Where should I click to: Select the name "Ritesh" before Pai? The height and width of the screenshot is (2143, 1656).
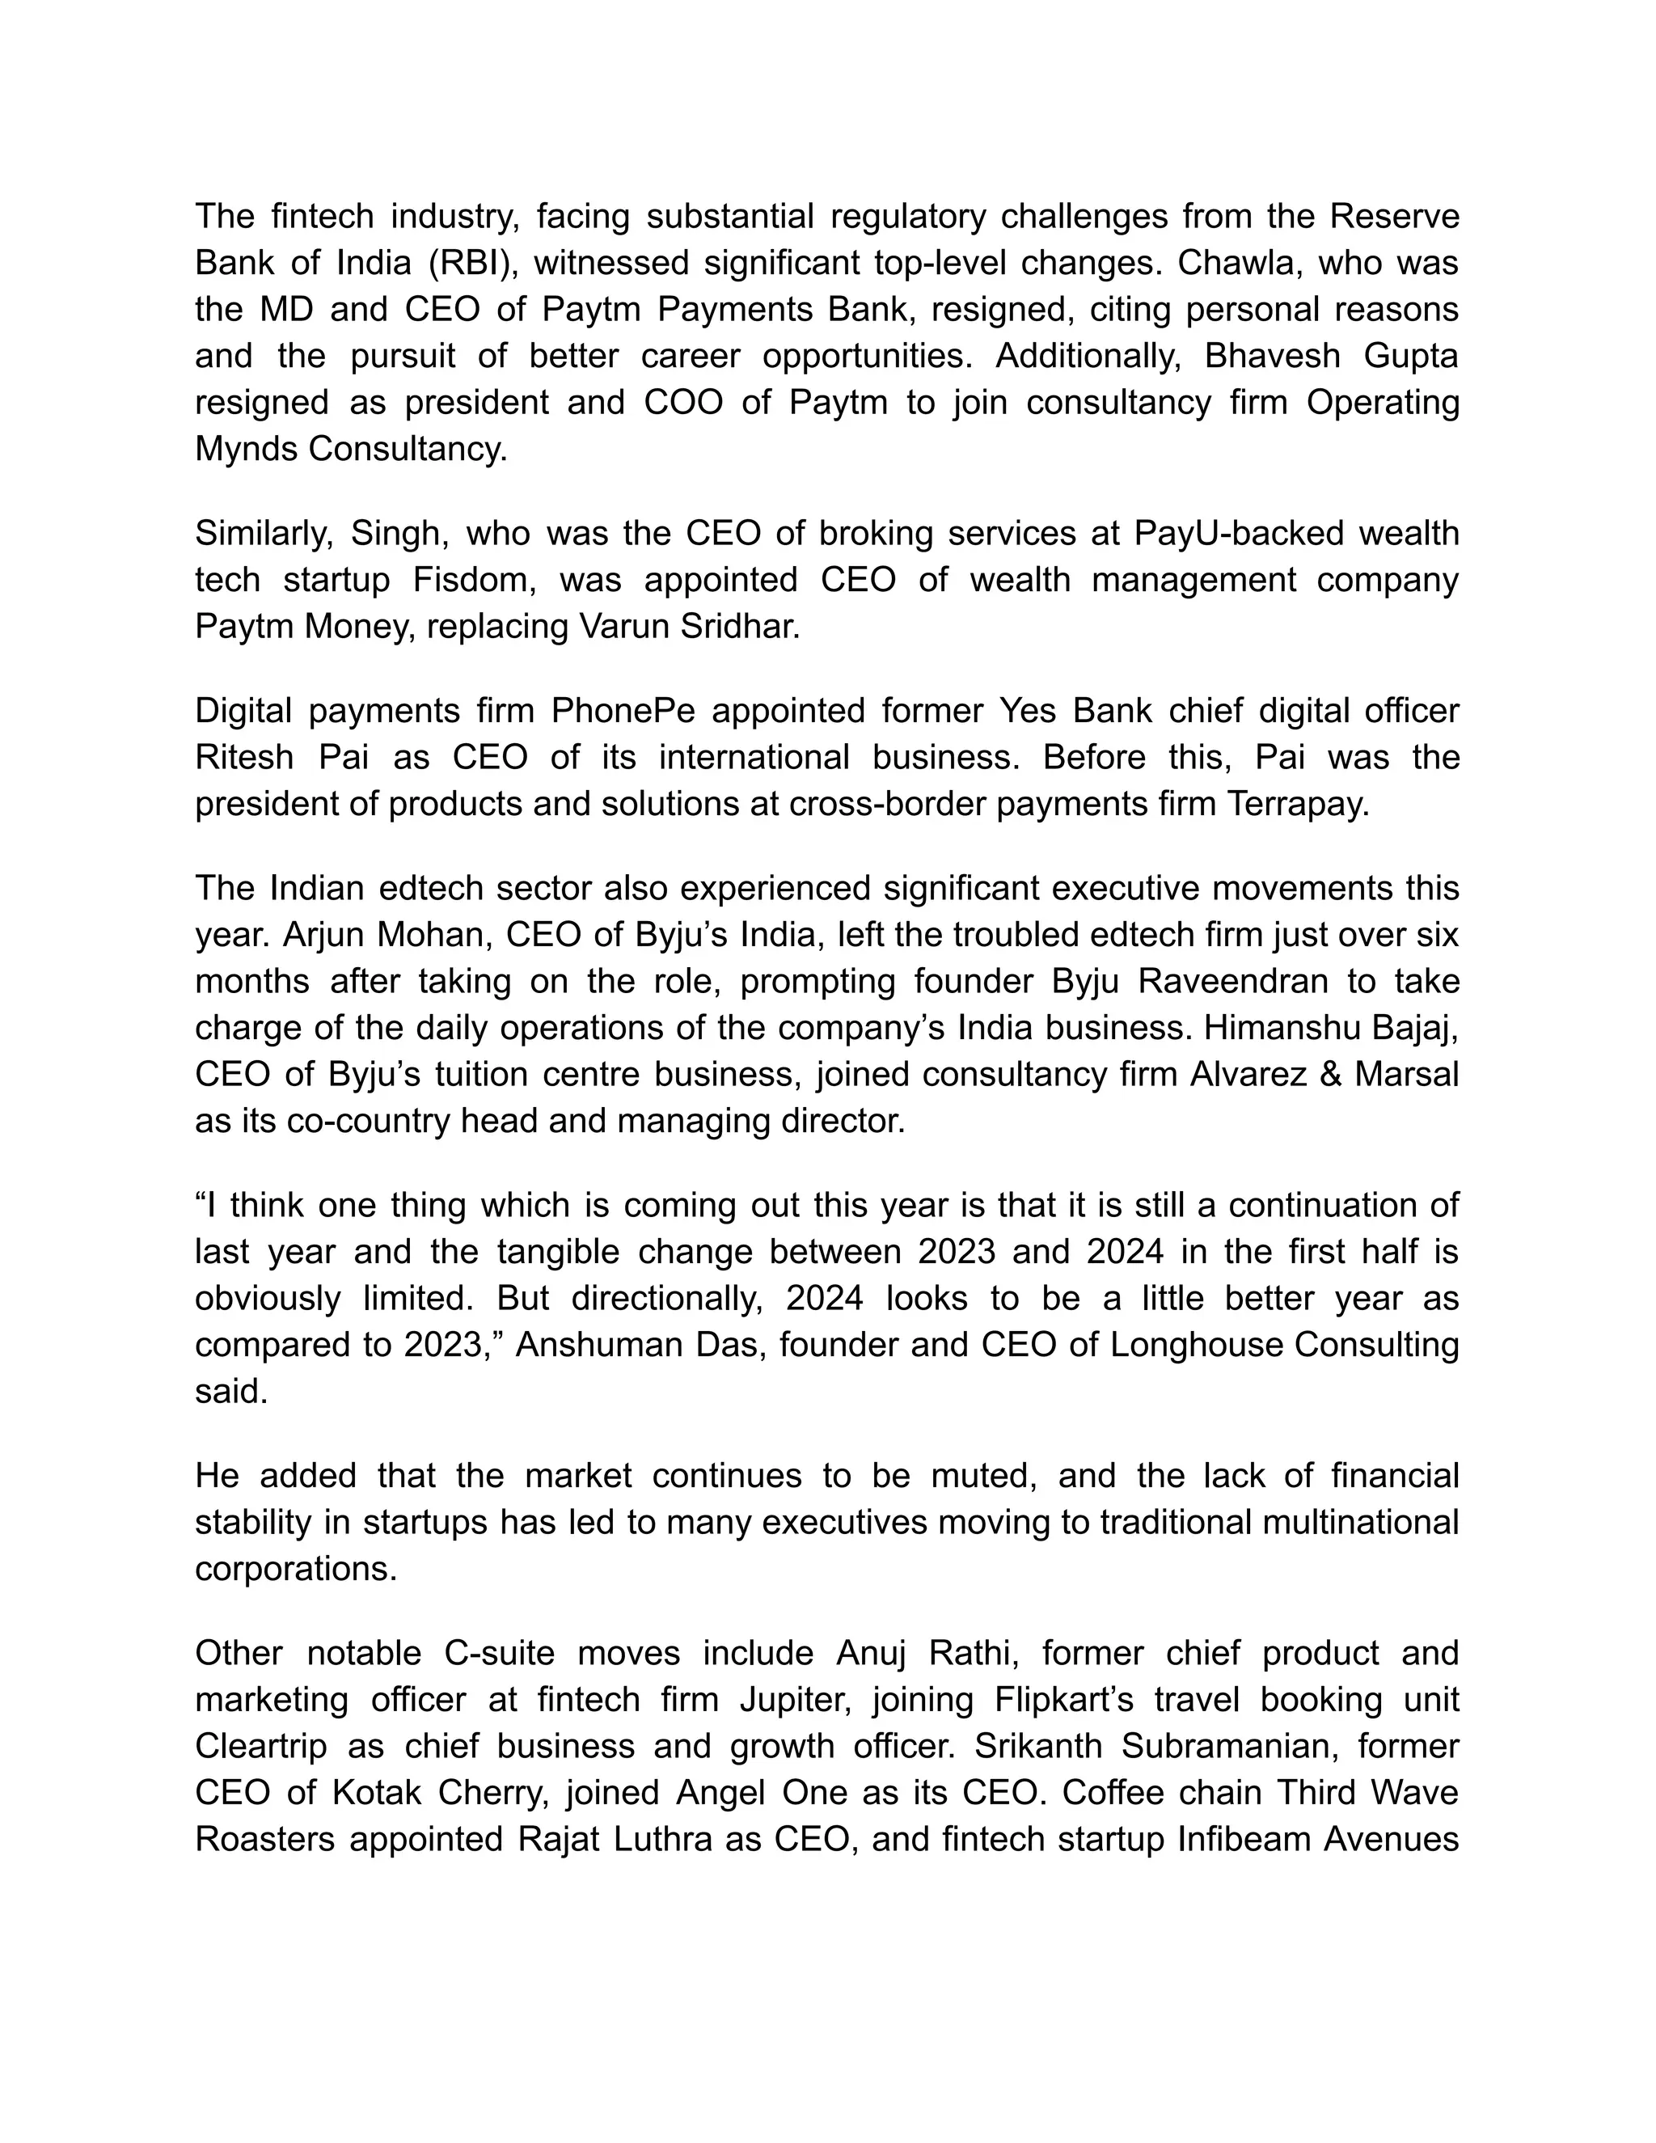(244, 757)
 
